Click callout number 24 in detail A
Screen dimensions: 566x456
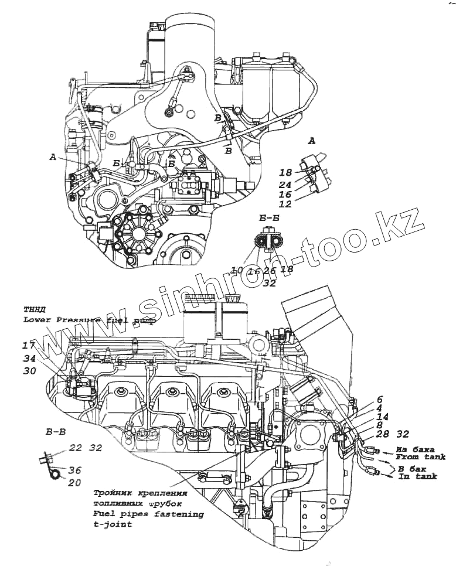tap(285, 185)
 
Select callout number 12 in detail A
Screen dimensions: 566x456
tap(285, 204)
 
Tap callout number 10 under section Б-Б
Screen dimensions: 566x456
tap(237, 270)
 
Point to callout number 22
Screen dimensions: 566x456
tap(76, 448)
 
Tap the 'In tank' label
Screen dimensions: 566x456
tap(417, 477)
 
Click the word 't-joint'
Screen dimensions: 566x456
tap(113, 525)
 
